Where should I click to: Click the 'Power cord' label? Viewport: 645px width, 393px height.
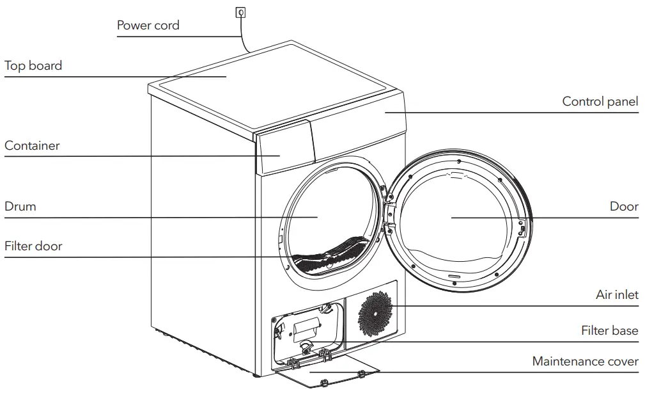[148, 26]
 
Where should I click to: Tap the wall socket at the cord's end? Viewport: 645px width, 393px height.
[240, 11]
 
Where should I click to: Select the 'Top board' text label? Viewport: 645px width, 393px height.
[33, 66]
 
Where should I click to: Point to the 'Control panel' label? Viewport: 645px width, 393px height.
[600, 102]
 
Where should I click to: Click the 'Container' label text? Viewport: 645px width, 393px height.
[32, 146]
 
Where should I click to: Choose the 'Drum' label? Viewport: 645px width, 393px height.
[20, 207]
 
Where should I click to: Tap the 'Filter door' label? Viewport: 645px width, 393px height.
[33, 246]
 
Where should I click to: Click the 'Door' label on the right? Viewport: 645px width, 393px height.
[623, 207]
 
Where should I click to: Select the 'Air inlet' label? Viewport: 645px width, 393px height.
[616, 295]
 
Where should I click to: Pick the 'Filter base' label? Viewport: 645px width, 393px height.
[609, 331]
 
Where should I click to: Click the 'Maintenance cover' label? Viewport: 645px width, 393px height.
[585, 362]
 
